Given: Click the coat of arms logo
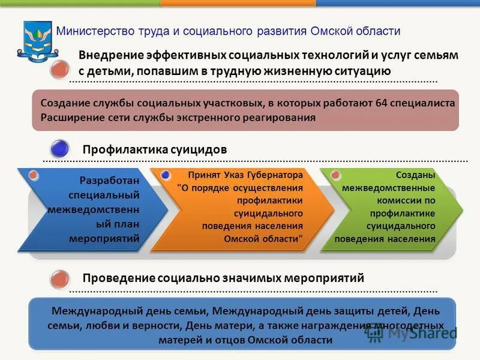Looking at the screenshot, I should pos(38,40).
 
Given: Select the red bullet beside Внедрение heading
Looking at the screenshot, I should pos(59,70).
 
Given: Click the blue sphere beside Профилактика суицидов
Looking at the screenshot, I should pos(59,148).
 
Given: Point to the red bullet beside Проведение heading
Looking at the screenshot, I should pos(59,279).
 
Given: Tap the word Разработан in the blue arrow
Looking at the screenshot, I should pos(109,181).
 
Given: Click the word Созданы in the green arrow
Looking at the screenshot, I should pos(415,175).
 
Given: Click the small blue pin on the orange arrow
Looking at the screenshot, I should pos(166,175).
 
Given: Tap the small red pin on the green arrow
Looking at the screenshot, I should pos(336,175).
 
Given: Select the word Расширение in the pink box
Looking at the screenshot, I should pos(70,118).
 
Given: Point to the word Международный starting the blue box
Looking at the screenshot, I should pos(89,311).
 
